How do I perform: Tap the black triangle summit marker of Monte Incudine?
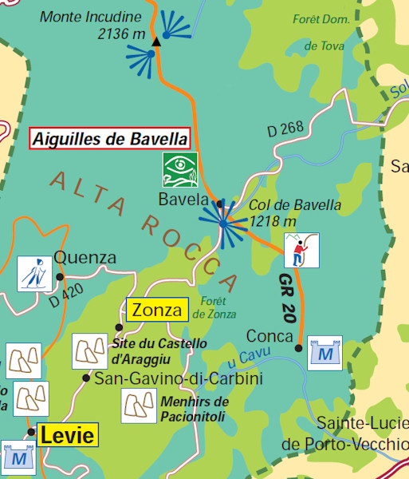[157, 41]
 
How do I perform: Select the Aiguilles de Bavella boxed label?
[111, 138]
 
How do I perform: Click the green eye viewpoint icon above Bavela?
[179, 169]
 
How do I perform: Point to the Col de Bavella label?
[284, 212]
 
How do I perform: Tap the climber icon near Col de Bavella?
[301, 250]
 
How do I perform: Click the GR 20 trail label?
[289, 299]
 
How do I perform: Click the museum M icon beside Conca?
[324, 352]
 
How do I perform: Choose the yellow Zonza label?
[156, 310]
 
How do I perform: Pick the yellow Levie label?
[67, 436]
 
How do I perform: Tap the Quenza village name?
[85, 258]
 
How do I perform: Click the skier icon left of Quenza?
[34, 273]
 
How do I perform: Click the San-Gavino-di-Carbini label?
[179, 378]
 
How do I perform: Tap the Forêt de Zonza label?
[220, 308]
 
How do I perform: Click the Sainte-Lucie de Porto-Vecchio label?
[361, 433]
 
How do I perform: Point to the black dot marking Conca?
[298, 347]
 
